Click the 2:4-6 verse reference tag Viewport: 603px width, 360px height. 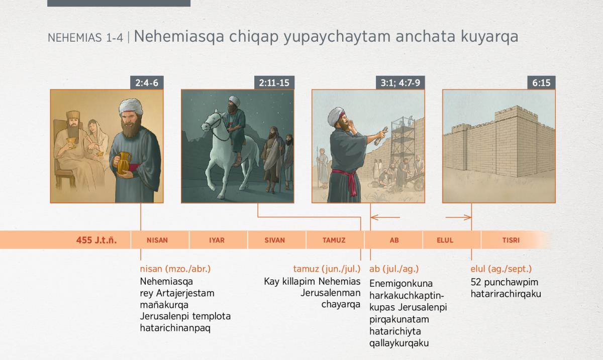tap(147, 83)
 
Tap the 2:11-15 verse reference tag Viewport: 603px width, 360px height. tap(274, 83)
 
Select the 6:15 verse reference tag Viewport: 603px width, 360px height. tap(541, 83)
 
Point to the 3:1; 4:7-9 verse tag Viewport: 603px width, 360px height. tap(400, 83)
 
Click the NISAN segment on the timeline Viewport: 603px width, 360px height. tap(157, 240)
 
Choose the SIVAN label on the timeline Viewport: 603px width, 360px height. tap(274, 240)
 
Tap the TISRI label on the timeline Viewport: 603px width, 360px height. tap(511, 240)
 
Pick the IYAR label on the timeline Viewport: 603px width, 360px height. tap(217, 240)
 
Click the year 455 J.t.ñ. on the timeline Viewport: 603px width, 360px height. tap(96, 240)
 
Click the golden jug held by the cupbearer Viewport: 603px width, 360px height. tap(124, 163)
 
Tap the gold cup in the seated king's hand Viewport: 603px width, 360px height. tap(71, 142)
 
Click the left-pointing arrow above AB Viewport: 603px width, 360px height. tap(385, 217)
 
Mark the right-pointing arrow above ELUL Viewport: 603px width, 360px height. tap(458, 217)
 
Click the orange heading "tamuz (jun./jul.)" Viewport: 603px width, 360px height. tap(327, 269)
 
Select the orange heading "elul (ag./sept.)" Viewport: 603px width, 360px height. tap(501, 269)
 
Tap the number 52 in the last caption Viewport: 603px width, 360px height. tap(476, 282)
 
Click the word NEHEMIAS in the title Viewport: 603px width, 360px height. tap(75, 38)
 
